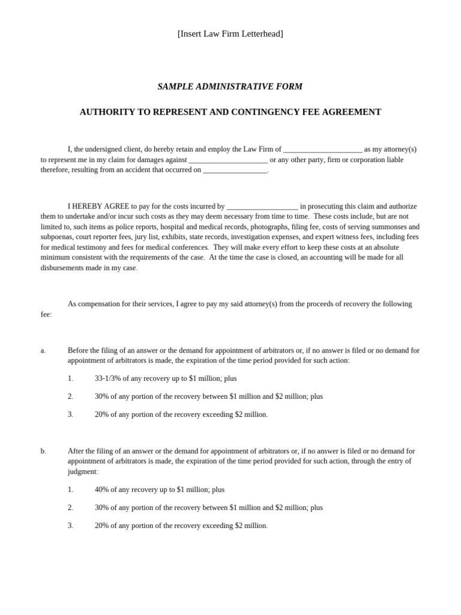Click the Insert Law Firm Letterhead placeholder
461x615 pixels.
click(230, 34)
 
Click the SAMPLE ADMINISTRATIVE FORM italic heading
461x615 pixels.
click(230, 86)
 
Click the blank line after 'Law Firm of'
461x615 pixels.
click(322, 150)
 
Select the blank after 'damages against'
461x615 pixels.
click(228, 160)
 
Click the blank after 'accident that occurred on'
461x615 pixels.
click(235, 170)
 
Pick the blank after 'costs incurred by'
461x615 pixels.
click(262, 206)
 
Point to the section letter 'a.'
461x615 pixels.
click(43, 350)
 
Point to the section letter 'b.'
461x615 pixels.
click(43, 451)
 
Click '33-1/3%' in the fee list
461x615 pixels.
click(108, 378)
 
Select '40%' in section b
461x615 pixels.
click(102, 489)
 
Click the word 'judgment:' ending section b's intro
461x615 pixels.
click(83, 471)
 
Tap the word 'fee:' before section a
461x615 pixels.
click(46, 314)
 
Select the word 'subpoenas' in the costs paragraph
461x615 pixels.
click(56, 237)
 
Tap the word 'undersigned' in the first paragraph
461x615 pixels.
click(103, 149)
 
